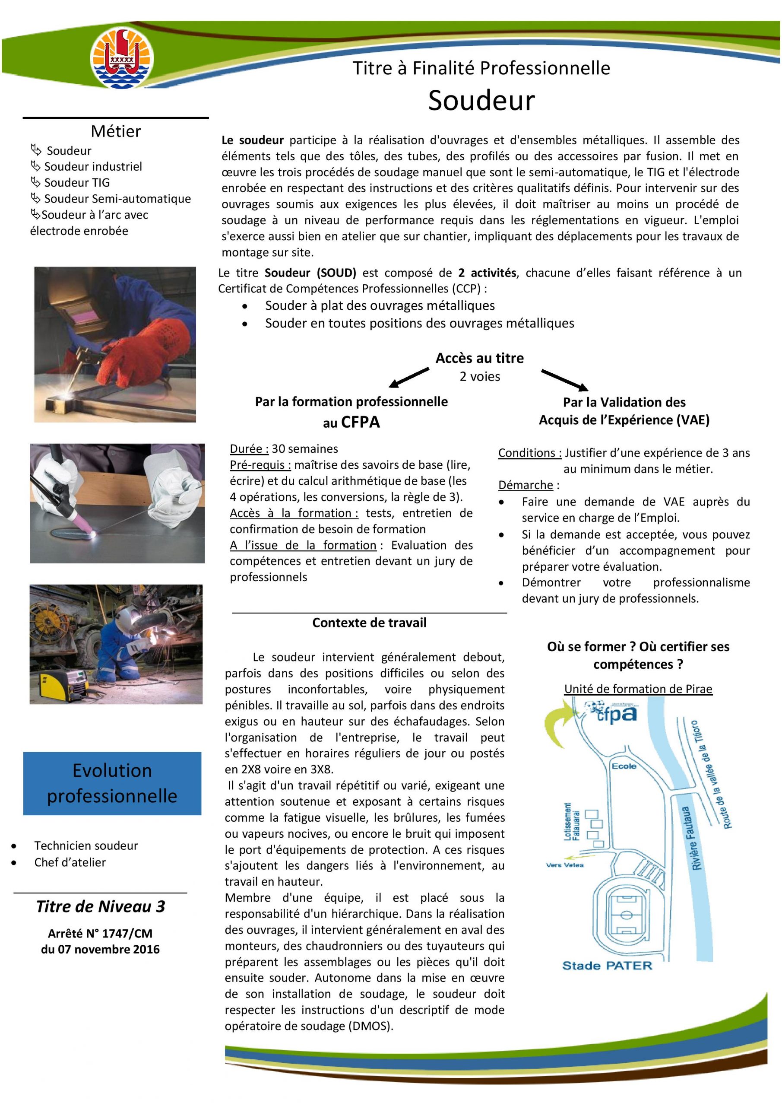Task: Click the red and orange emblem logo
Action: (x=122, y=57)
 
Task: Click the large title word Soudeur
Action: (x=481, y=100)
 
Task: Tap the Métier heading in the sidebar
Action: (x=116, y=131)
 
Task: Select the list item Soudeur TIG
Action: (x=76, y=183)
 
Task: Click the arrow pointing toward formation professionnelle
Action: (x=409, y=377)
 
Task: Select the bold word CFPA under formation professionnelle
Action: (x=360, y=423)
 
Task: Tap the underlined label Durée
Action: (x=249, y=449)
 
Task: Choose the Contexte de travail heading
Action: (x=369, y=623)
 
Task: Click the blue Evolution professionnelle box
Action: (x=112, y=783)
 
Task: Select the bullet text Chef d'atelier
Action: (x=70, y=862)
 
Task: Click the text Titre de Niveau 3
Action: (x=100, y=906)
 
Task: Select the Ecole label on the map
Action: (x=624, y=766)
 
